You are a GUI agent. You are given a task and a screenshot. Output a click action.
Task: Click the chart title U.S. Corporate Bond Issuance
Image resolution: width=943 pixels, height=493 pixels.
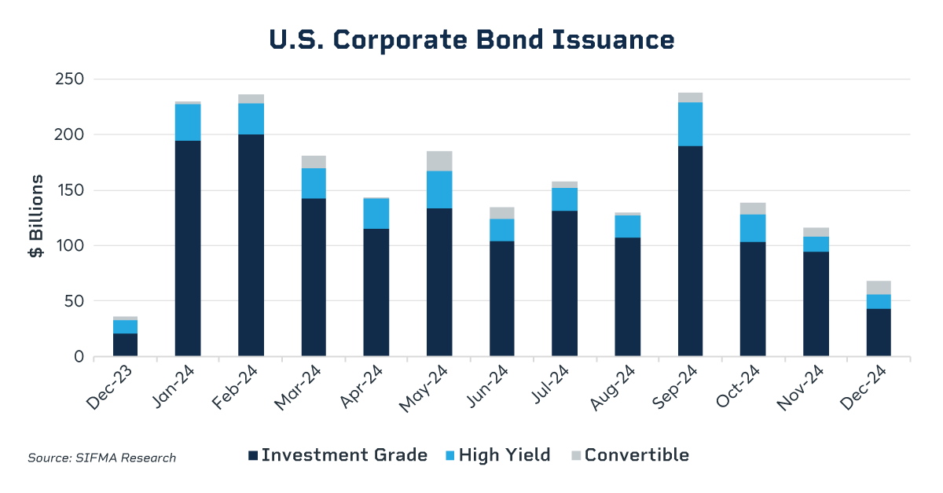pyautogui.click(x=472, y=39)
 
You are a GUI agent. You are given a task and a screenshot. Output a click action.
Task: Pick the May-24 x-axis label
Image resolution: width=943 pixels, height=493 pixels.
pyautogui.click(x=434, y=384)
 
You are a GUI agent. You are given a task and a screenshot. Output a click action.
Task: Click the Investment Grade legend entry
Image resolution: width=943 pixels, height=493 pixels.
pyautogui.click(x=338, y=455)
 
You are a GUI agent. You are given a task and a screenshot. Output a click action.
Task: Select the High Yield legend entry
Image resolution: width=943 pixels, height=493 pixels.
pyautogui.click(x=497, y=455)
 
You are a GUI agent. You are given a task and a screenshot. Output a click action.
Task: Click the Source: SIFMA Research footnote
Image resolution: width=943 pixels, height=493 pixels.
pyautogui.click(x=102, y=458)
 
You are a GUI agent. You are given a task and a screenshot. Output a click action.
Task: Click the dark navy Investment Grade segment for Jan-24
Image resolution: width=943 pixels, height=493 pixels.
pyautogui.click(x=188, y=248)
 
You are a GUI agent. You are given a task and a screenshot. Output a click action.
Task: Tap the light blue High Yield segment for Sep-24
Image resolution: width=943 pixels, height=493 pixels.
pyautogui.click(x=690, y=124)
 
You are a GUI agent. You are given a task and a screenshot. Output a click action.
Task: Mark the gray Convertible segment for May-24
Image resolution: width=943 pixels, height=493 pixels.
pyautogui.click(x=439, y=160)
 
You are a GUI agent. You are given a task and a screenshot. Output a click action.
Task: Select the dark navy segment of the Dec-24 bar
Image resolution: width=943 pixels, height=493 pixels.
pyautogui.click(x=879, y=333)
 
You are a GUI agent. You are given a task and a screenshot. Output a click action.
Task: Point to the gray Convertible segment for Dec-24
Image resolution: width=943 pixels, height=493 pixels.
pyautogui.click(x=879, y=287)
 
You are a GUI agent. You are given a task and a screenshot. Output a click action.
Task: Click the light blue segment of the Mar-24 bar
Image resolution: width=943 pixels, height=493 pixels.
pyautogui.click(x=314, y=183)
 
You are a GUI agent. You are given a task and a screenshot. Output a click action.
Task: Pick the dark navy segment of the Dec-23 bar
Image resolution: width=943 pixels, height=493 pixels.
pyautogui.click(x=125, y=344)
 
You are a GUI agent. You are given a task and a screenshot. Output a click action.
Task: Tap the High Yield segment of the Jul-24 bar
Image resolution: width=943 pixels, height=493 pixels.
pyautogui.click(x=564, y=199)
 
